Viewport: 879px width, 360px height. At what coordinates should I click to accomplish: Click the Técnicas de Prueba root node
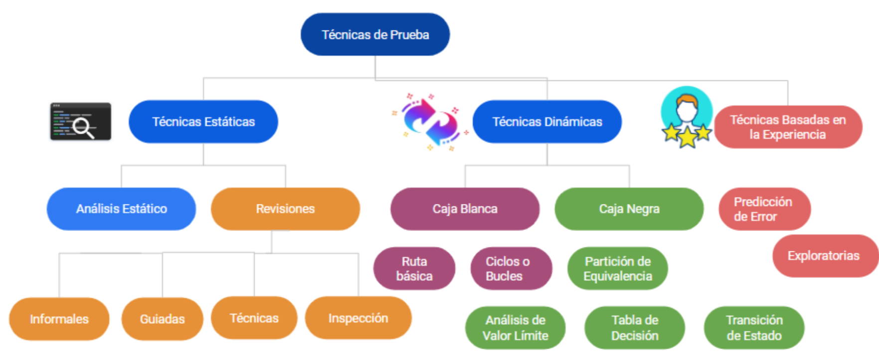[x=375, y=34]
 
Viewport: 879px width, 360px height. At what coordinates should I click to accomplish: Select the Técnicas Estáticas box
[x=203, y=122]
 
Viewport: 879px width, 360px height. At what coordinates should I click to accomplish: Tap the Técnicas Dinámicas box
[x=547, y=122]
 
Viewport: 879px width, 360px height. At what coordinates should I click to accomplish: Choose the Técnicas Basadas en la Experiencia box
[x=788, y=127]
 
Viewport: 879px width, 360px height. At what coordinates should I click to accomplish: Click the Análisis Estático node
[x=121, y=209]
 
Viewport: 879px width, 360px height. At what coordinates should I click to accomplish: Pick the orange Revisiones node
[x=285, y=209]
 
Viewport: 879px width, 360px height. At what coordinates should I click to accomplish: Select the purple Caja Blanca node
[x=465, y=209]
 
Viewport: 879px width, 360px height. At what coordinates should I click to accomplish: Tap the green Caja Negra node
[x=629, y=209]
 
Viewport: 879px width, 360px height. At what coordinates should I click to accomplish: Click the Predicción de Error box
[x=764, y=209]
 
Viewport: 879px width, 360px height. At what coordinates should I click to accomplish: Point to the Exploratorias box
[x=824, y=256]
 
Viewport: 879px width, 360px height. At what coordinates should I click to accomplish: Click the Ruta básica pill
[x=414, y=269]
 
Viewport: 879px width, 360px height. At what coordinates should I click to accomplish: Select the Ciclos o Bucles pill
[x=511, y=269]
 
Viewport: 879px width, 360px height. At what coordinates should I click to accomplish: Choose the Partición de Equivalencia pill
[x=617, y=269]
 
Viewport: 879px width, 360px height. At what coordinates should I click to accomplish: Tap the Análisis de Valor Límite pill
[x=515, y=328]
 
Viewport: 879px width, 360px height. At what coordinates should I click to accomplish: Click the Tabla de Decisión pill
[x=634, y=328]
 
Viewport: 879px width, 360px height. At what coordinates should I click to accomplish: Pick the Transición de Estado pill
[x=754, y=328]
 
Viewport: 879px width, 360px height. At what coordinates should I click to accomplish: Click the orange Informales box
[x=59, y=319]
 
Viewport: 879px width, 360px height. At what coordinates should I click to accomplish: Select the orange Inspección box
[x=358, y=318]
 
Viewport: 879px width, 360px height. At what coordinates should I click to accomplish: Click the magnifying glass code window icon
[x=81, y=122]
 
